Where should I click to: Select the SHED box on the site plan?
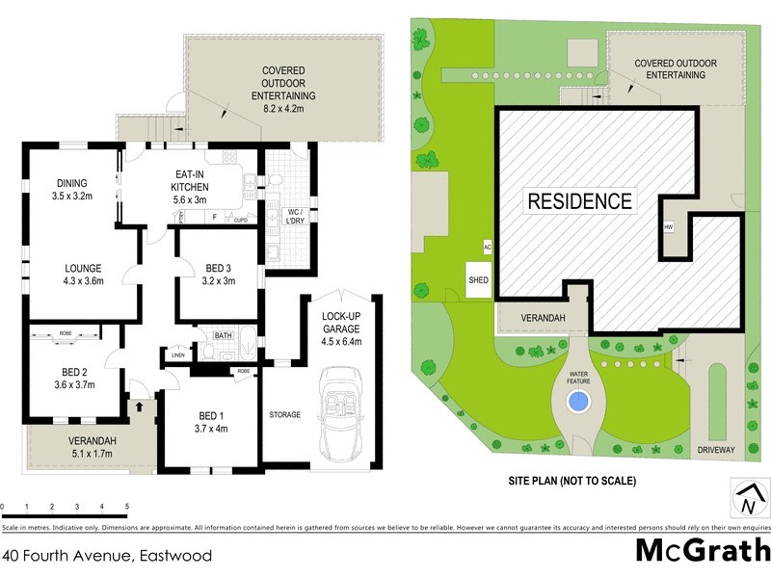[479, 280]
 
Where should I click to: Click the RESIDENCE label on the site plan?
[579, 201]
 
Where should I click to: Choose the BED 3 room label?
[217, 275]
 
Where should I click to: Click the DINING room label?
[71, 189]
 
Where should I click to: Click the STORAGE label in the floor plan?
[285, 415]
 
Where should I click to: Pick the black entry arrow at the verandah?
[142, 407]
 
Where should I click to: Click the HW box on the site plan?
[668, 227]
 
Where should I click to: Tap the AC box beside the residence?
[487, 246]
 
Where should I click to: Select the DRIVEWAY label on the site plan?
[715, 450]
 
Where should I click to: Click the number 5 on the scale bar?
[127, 506]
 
